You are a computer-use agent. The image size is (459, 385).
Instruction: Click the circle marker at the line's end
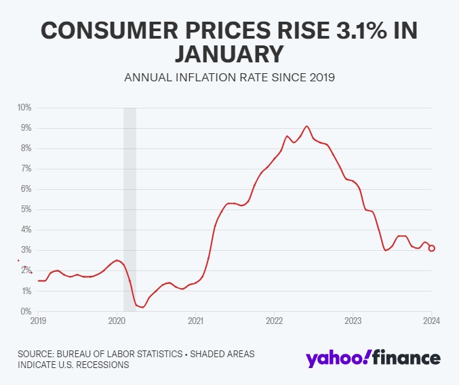[x=432, y=248]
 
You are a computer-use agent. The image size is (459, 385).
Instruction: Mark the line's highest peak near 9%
[x=307, y=126]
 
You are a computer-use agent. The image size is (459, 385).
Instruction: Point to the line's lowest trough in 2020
[x=142, y=307]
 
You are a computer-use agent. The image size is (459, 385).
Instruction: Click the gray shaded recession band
[x=129, y=203]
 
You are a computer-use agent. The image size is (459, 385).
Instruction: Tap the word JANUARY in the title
[x=229, y=54]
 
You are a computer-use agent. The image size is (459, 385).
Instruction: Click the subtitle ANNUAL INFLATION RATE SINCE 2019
[x=229, y=77]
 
